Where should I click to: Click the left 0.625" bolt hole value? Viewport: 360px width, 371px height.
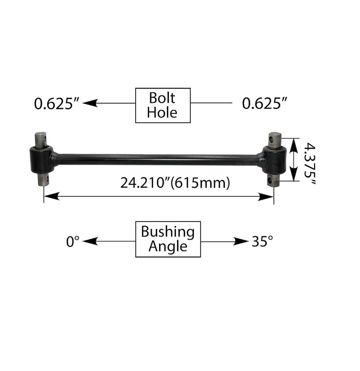click(56, 104)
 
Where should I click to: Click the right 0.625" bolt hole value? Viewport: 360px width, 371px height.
click(265, 104)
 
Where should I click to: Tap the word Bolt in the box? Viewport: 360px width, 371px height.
click(162, 98)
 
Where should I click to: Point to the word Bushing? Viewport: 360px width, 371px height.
click(168, 232)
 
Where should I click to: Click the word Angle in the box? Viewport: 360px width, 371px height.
click(168, 246)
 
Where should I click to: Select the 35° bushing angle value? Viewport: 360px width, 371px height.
click(262, 241)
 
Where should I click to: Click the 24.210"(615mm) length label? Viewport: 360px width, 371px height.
click(175, 183)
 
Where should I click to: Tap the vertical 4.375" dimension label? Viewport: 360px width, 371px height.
click(310, 163)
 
